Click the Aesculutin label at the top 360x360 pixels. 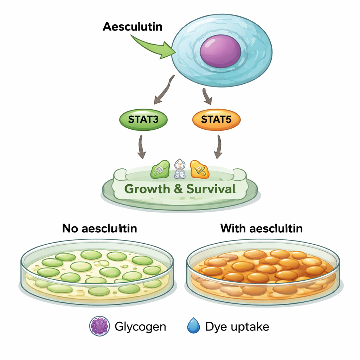[x=133, y=27]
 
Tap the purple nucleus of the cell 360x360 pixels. [x=220, y=51]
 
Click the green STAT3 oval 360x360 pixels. [x=143, y=120]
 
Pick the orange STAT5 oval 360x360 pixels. [x=216, y=120]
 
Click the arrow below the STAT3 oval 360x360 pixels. [x=141, y=147]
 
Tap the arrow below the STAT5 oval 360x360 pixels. [x=219, y=147]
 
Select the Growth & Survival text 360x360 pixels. [x=180, y=189]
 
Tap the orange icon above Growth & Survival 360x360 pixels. [x=199, y=169]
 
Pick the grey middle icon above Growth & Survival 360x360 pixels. [x=179, y=169]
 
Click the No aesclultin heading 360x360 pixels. [x=99, y=229]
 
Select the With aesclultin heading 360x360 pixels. [x=262, y=229]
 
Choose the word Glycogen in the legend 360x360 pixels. [x=140, y=327]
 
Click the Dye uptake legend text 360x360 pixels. [x=237, y=327]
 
